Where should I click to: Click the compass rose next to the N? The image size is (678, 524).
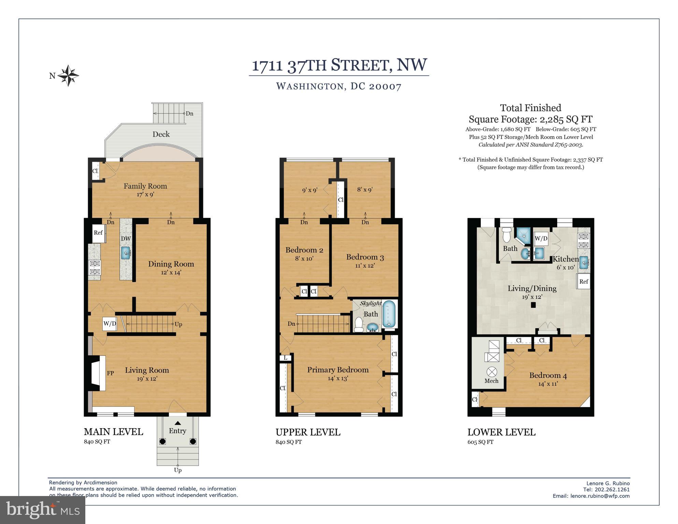(x=68, y=75)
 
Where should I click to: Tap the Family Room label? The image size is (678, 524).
(x=145, y=186)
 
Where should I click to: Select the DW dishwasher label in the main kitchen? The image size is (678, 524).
(x=126, y=239)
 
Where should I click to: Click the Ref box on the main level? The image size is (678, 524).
(x=98, y=233)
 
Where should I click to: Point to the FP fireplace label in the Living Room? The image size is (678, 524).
(x=110, y=373)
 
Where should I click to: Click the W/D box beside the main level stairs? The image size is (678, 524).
(x=110, y=324)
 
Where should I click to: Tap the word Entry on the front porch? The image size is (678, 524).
(x=177, y=431)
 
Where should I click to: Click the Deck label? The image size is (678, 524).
(x=161, y=134)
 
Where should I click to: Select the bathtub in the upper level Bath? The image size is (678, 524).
(x=389, y=314)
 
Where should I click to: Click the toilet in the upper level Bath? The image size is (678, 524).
(x=359, y=324)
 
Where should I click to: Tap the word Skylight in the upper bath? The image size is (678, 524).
(x=371, y=303)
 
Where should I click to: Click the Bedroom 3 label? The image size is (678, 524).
(x=365, y=257)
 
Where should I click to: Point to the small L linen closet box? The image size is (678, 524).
(x=286, y=358)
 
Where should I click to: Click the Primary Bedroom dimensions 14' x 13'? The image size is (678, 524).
(x=337, y=378)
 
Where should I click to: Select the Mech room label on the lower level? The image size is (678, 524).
(x=491, y=381)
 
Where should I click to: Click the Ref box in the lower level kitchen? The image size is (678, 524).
(x=583, y=281)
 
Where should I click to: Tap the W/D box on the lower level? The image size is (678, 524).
(x=541, y=238)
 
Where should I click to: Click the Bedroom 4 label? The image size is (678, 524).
(x=548, y=375)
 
